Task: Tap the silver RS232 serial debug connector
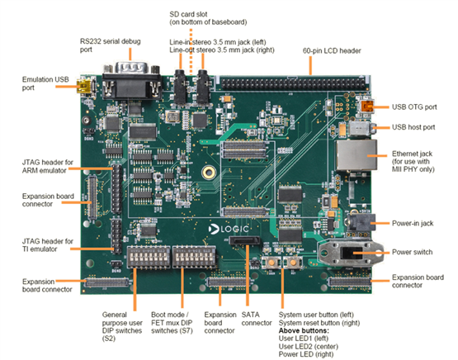tap(132, 81)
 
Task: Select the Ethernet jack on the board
tap(356, 155)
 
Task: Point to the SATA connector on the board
tap(245, 240)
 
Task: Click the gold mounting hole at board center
tap(209, 173)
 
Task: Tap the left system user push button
tap(271, 262)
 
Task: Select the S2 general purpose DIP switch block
tap(149, 257)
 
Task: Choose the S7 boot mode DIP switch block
tap(194, 257)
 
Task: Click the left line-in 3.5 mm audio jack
tap(180, 86)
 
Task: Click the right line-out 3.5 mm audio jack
tap(203, 86)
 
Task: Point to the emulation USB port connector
tap(84, 85)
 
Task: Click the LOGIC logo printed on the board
tap(229, 229)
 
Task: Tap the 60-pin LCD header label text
tap(332, 51)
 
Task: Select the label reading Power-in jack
tap(413, 224)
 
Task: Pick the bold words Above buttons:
tap(304, 331)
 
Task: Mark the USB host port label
tap(413, 127)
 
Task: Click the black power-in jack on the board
tap(361, 223)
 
